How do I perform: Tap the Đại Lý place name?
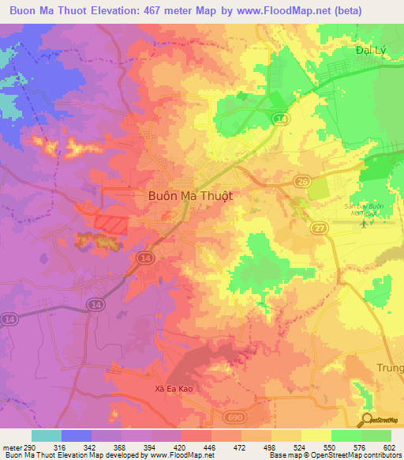tap(369, 50)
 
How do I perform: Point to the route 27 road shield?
tap(319, 228)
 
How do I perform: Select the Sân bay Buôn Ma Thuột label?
tap(361, 209)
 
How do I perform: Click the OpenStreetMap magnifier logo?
tap(368, 420)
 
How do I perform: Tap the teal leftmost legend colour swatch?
tap(47, 435)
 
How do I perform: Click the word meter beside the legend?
tap(9, 447)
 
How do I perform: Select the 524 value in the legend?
tap(301, 447)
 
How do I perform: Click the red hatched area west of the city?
tap(110, 223)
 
